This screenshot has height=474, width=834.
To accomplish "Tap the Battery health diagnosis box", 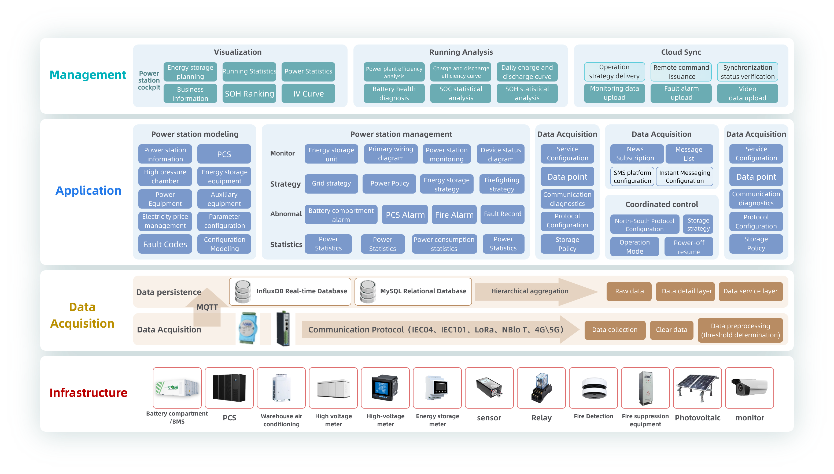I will click(394, 93).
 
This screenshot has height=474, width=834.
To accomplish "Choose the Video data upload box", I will click(747, 93).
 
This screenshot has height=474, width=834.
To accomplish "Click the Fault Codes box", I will click(165, 244).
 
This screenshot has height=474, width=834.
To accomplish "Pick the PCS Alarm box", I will click(405, 214).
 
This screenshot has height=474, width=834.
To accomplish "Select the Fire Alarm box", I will click(454, 214).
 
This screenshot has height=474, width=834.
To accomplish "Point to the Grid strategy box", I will click(331, 184).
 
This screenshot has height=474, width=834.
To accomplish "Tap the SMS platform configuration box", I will click(632, 176).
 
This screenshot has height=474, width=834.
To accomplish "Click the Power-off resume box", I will click(689, 247).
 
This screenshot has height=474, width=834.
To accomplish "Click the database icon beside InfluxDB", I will click(243, 291).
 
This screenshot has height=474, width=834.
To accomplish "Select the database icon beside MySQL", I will click(367, 291).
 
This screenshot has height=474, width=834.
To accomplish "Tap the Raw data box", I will click(629, 291).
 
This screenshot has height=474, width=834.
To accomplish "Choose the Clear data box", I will click(671, 330).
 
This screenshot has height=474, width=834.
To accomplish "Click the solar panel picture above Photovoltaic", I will click(697, 388).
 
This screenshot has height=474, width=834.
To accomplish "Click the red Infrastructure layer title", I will click(88, 392).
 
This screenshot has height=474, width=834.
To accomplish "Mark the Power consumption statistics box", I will click(444, 244).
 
